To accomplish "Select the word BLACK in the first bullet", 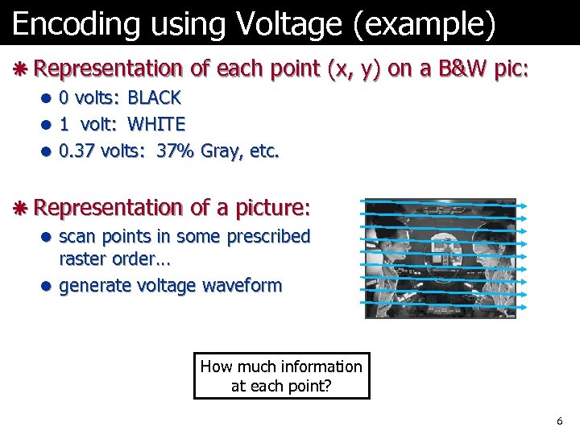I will (x=155, y=98).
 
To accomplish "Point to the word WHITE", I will (x=156, y=124).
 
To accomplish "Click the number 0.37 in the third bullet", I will (x=77, y=150).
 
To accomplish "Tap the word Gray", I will (x=222, y=151).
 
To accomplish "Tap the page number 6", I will (x=560, y=421).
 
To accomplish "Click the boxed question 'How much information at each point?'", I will (x=281, y=376).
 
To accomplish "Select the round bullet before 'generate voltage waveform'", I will (x=48, y=286).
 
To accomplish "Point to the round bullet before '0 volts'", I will (x=48, y=99).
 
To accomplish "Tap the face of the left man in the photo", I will (x=389, y=242).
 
